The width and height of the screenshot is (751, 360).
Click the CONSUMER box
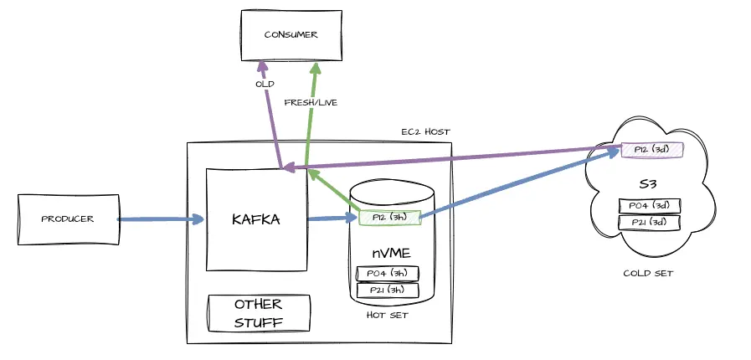[x=291, y=34]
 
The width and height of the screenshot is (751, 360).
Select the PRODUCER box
[x=68, y=219]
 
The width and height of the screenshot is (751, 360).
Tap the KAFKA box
[x=256, y=219]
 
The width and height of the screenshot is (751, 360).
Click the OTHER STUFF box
[x=259, y=313]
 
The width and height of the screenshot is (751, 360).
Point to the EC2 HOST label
[x=425, y=132]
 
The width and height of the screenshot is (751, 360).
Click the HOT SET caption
[x=387, y=315]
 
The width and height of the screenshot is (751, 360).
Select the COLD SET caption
[x=649, y=273]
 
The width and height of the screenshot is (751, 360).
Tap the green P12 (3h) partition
[x=388, y=218]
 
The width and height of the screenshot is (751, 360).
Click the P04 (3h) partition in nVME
[x=387, y=273]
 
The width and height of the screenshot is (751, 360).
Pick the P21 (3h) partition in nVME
[x=387, y=290]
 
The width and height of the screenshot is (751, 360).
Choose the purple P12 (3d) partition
[x=652, y=150]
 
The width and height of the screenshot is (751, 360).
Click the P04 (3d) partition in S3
[x=649, y=206]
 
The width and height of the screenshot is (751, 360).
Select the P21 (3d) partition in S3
[x=649, y=223]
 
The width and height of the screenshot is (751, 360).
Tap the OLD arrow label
[x=265, y=85]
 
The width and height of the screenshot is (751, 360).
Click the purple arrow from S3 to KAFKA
[x=452, y=159]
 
